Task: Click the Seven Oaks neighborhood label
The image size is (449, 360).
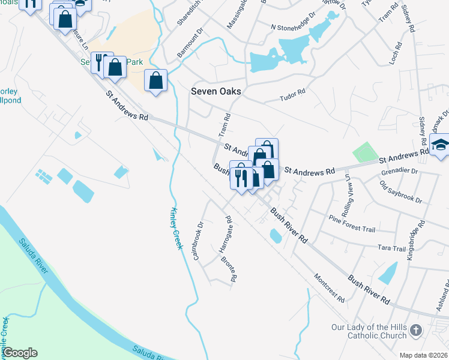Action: pyautogui.click(x=215, y=91)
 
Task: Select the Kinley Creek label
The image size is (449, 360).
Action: pyautogui.click(x=175, y=228)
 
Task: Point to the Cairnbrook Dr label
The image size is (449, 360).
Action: pyautogui.click(x=199, y=241)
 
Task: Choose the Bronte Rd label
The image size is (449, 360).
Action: pyautogui.click(x=231, y=270)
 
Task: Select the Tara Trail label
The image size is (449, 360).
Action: pyautogui.click(x=391, y=248)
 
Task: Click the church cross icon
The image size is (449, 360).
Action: pyautogui.click(x=415, y=331)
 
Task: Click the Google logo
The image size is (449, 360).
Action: pyautogui.click(x=20, y=353)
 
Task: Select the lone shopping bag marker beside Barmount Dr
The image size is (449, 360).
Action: pyautogui.click(x=155, y=80)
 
